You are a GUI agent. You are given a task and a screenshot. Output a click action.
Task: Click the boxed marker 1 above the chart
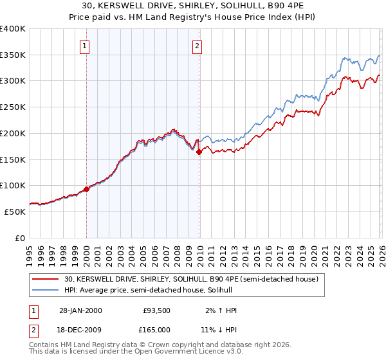tap(86, 46)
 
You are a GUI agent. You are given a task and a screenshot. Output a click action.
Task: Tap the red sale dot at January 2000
tap(86, 189)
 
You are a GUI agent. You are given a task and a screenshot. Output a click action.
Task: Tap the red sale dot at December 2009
tap(199, 152)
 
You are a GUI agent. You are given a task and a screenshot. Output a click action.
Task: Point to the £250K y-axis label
tap(13, 107)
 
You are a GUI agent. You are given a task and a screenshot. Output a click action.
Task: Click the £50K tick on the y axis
tap(15, 212)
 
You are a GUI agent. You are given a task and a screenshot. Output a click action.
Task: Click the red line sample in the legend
tap(46, 279)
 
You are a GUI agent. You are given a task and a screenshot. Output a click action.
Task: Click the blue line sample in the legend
tap(46, 291)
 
